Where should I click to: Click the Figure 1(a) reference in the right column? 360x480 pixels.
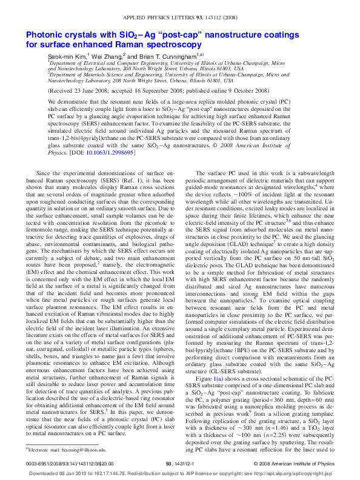tap(219, 361)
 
